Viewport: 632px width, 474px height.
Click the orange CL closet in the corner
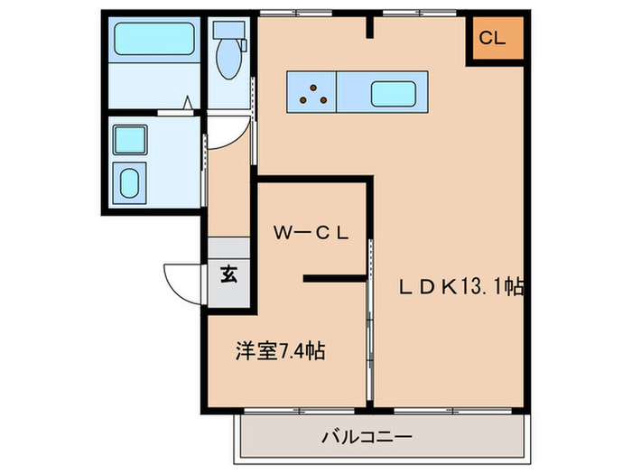coord(494,39)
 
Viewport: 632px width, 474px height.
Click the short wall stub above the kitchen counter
coord(368,26)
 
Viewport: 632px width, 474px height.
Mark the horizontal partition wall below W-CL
coord(335,280)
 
